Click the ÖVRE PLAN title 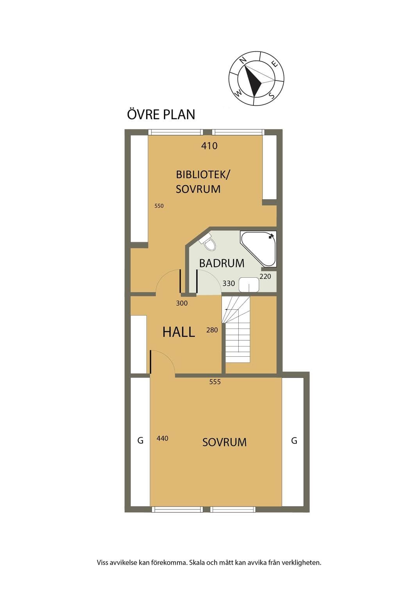click(x=161, y=114)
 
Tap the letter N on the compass click(x=243, y=60)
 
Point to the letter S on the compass click(x=271, y=95)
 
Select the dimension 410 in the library click(x=209, y=146)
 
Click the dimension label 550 click(x=159, y=206)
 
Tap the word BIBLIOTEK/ click(x=203, y=175)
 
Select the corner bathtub click(x=258, y=249)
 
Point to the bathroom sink click(x=249, y=285)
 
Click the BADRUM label click(x=221, y=263)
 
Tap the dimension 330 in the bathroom click(x=229, y=283)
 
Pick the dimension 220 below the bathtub click(x=265, y=276)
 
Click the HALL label click(x=179, y=332)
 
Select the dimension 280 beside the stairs click(x=212, y=330)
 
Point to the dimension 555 click(x=215, y=382)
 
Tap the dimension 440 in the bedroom click(x=162, y=438)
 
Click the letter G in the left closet click(x=140, y=440)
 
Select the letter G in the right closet click(x=294, y=440)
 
